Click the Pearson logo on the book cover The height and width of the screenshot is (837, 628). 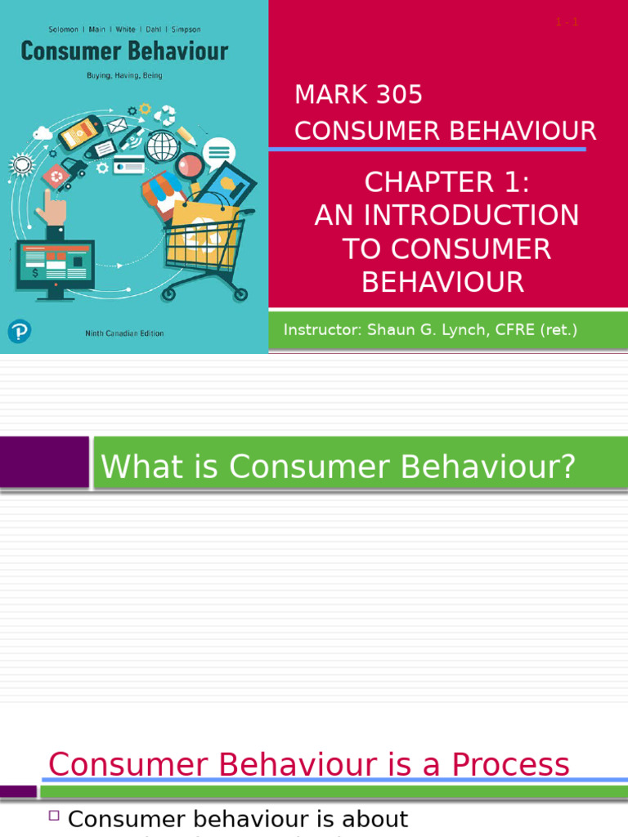[x=19, y=331]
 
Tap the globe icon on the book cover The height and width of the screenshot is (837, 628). [x=161, y=145]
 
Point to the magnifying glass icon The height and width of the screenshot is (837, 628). [x=190, y=163]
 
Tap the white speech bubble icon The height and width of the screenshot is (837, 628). [x=218, y=152]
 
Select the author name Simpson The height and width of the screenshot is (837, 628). [x=186, y=29]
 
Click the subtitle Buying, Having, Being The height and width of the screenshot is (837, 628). [x=124, y=75]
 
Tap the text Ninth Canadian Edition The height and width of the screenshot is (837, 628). [x=124, y=333]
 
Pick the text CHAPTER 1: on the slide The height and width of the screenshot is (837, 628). [x=446, y=182]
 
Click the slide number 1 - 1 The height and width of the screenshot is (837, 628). [x=566, y=22]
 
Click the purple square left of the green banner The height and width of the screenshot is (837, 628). [x=43, y=463]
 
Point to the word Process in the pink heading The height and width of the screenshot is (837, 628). [x=510, y=765]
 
